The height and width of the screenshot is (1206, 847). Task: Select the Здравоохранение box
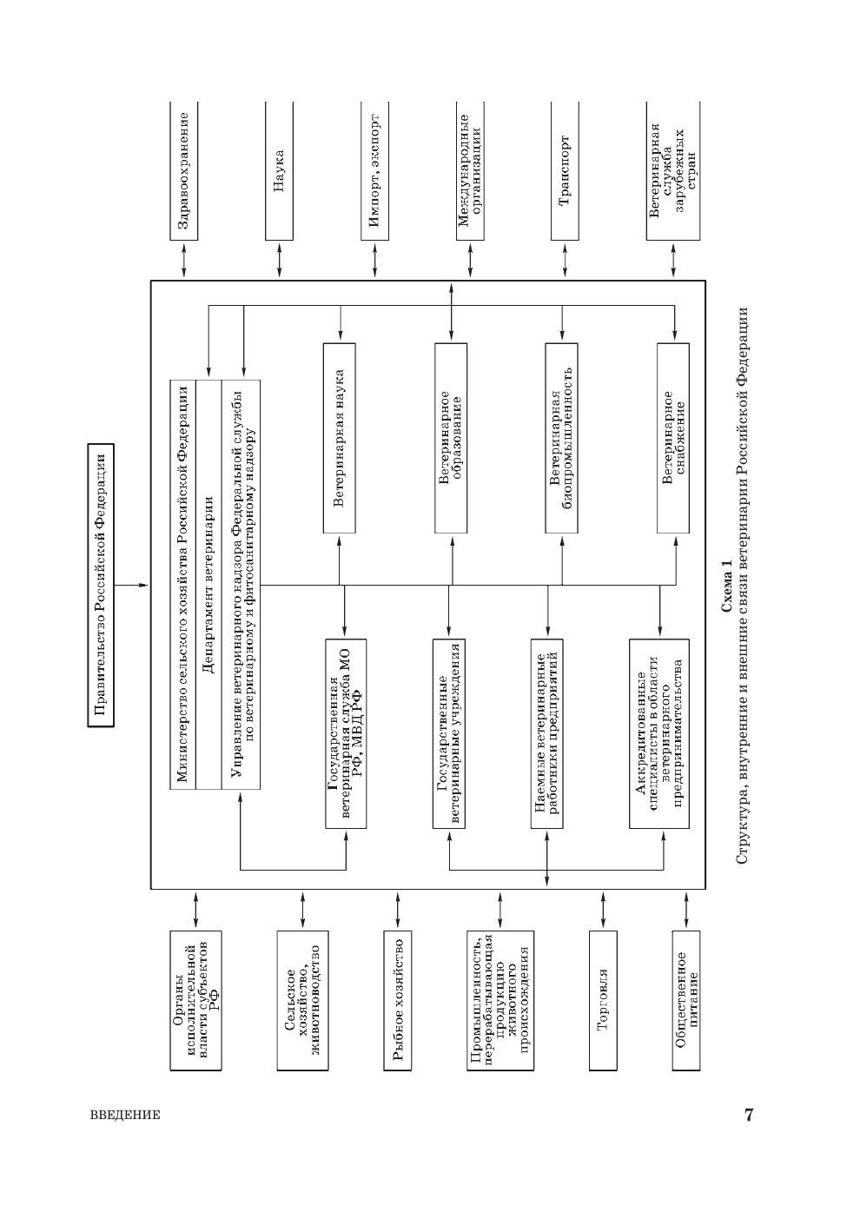click(x=183, y=170)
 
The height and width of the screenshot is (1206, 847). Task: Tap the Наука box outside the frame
click(x=279, y=170)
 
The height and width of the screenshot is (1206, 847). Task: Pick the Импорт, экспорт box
click(x=374, y=170)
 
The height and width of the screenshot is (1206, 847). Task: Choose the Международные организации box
click(x=470, y=170)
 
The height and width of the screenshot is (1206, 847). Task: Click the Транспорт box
click(x=565, y=170)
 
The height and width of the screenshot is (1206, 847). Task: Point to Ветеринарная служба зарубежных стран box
click(x=672, y=170)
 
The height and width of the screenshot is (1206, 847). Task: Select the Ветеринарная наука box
click(x=340, y=438)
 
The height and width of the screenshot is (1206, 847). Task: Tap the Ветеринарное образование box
click(x=450, y=438)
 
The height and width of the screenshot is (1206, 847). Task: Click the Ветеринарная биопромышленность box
click(x=561, y=438)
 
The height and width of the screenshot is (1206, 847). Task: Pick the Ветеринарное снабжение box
click(x=673, y=438)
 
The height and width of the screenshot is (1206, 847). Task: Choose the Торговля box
click(x=603, y=1001)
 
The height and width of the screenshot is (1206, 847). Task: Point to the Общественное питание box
click(x=686, y=1001)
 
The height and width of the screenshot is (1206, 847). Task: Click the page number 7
click(x=748, y=1115)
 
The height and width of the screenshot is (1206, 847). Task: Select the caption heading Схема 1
click(x=726, y=586)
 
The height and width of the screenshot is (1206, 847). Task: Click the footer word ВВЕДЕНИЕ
click(x=125, y=1116)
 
